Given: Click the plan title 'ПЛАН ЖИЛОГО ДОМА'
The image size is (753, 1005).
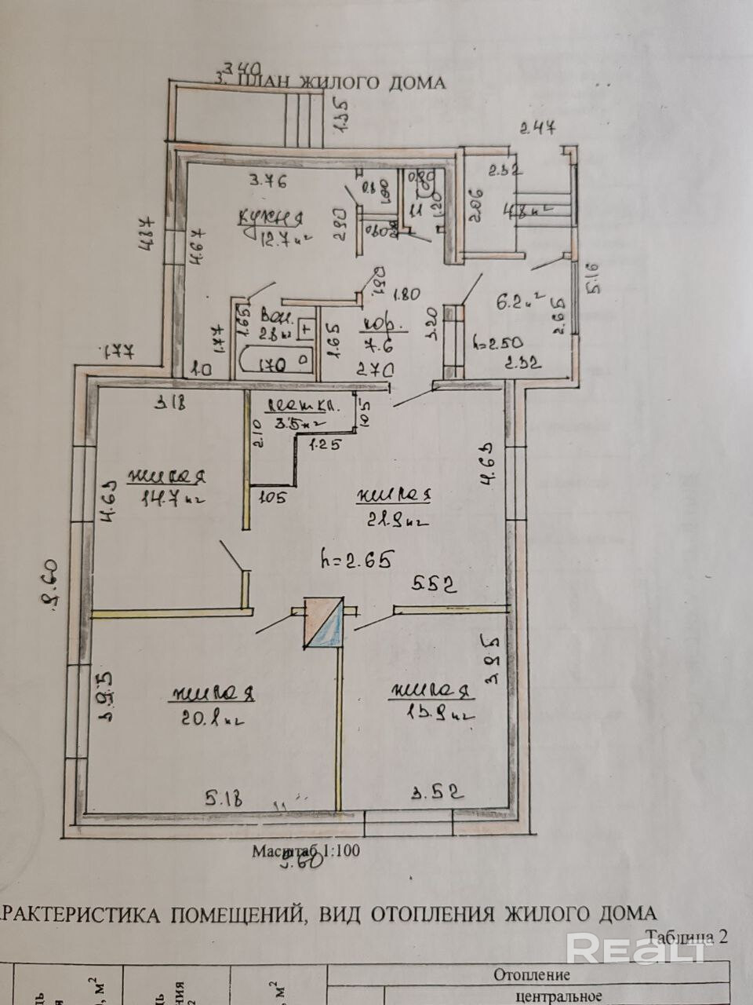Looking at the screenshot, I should [x=341, y=82].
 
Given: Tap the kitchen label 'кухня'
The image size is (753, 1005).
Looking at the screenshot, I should [x=272, y=217].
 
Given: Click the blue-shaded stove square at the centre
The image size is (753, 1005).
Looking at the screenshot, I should [x=322, y=624].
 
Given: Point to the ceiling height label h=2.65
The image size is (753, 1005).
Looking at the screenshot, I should [x=356, y=559].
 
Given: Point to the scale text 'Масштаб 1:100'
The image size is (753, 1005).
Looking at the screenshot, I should [x=306, y=851].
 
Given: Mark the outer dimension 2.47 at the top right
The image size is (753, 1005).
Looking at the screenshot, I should [x=539, y=129].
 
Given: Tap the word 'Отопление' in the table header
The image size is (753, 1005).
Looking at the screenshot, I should [x=531, y=975].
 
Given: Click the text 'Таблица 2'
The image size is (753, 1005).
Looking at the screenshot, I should [x=687, y=936].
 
